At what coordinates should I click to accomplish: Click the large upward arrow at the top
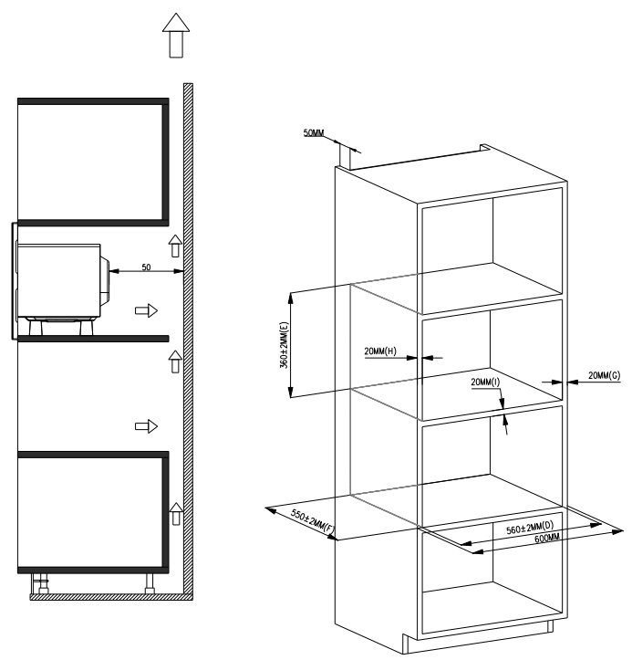[x=176, y=36]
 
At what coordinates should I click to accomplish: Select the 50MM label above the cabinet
[x=314, y=132]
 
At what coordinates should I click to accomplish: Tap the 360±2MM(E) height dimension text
[x=285, y=345]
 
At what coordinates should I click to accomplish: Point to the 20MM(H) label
[x=380, y=351]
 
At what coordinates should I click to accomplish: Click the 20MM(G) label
[x=605, y=375]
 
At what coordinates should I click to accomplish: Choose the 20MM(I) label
[x=485, y=382]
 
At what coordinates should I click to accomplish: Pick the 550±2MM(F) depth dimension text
[x=312, y=522]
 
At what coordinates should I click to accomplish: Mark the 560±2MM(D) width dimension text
[x=530, y=528]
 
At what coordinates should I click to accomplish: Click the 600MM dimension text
[x=547, y=539]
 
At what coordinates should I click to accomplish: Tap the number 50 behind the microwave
[x=146, y=267]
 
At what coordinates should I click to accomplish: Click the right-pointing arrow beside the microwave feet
[x=146, y=311]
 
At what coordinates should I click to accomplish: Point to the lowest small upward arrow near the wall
[x=176, y=514]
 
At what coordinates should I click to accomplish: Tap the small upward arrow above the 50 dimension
[x=175, y=246]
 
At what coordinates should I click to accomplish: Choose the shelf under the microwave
[x=93, y=339]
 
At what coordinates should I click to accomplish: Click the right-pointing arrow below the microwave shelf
[x=146, y=426]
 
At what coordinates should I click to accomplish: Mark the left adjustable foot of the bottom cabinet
[x=41, y=583]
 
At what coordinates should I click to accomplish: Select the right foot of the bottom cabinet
[x=150, y=583]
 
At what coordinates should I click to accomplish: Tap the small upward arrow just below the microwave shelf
[x=175, y=362]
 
